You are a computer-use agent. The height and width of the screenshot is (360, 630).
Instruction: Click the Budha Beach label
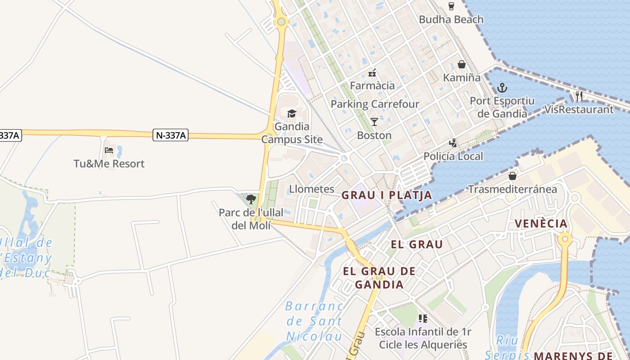(451, 19)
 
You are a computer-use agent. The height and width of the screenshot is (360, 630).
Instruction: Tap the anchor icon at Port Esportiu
(502, 88)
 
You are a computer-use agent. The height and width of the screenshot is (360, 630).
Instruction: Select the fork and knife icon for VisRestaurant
(579, 96)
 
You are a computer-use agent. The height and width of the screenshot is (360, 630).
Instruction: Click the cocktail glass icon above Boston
(374, 121)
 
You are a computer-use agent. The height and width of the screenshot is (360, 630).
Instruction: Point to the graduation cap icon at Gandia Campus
(292, 113)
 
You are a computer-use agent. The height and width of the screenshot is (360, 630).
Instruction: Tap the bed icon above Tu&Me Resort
(109, 150)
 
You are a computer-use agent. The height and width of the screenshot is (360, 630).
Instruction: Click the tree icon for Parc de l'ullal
(251, 199)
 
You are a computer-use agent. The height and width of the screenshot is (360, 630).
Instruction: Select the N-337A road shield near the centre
(171, 135)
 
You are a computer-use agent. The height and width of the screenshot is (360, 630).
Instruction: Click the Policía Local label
(453, 156)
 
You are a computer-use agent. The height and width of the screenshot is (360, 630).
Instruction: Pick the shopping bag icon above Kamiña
(461, 64)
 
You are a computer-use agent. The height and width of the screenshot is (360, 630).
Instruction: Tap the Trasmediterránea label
(512, 189)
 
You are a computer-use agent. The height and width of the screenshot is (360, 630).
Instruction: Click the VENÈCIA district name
(541, 223)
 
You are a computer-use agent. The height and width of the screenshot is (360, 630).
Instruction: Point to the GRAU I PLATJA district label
(387, 195)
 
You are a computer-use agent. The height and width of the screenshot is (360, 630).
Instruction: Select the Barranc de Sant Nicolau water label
(314, 321)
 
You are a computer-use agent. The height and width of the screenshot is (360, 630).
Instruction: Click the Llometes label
(312, 189)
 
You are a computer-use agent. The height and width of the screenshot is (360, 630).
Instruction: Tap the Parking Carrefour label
(375, 104)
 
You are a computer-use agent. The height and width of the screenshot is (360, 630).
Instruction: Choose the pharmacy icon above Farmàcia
(372, 72)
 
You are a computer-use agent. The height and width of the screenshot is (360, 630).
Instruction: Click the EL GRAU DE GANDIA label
(379, 278)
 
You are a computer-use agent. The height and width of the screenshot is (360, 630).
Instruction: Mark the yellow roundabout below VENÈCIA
(565, 238)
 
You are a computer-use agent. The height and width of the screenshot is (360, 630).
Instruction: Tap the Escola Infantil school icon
(423, 319)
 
